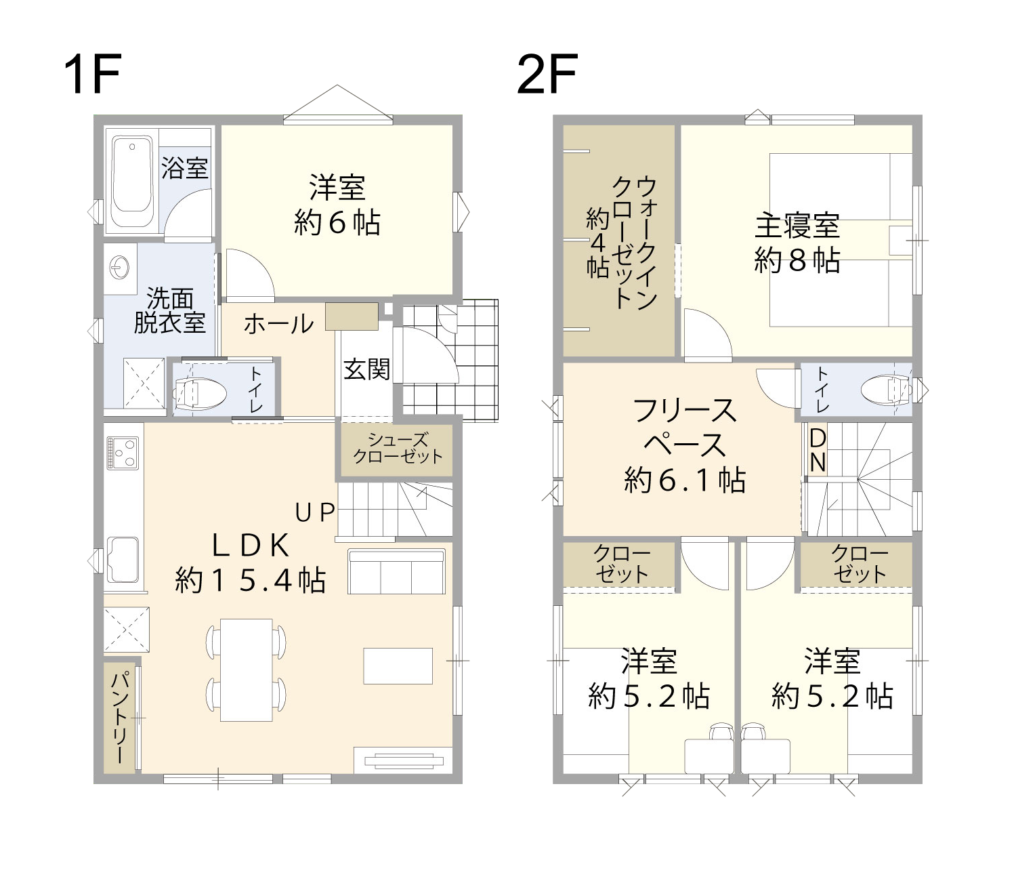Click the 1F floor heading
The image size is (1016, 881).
(92, 75)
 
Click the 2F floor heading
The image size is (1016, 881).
(547, 75)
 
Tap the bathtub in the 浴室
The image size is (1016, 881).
(131, 180)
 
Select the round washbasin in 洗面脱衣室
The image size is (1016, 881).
(119, 268)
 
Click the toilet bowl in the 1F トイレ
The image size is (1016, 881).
(199, 394)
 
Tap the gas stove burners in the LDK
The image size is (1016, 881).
(123, 453)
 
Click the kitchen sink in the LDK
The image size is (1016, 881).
(123, 560)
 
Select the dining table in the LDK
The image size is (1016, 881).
(247, 670)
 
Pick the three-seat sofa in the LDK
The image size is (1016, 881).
(397, 571)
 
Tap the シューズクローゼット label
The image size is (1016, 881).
(398, 448)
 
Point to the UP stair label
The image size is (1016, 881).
(315, 512)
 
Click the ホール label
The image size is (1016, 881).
(278, 324)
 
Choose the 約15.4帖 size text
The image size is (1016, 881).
(250, 581)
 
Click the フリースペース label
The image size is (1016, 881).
(685, 428)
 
